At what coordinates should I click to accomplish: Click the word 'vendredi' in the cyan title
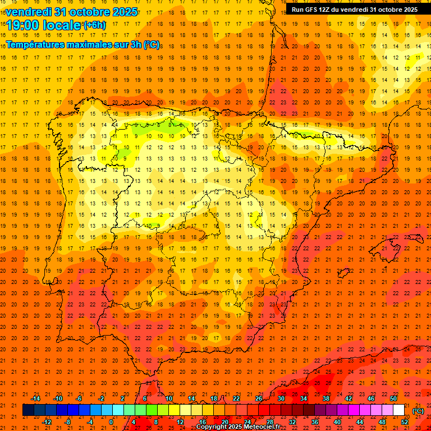pos(29,12)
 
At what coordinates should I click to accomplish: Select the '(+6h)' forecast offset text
pos(94,25)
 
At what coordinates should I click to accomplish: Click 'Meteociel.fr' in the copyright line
pos(262,427)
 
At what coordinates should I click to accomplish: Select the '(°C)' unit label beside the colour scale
pos(418,411)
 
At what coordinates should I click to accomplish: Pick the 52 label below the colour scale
pos(405,422)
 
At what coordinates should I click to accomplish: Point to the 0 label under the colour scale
pos(112,422)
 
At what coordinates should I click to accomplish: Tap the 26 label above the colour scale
pos(259,398)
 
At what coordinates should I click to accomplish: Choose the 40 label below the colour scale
pos(337,422)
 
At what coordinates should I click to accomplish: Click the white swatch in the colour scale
pos(398,410)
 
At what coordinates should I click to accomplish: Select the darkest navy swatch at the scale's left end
pos(28,410)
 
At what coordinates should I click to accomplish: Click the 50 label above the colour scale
pos(393,398)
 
